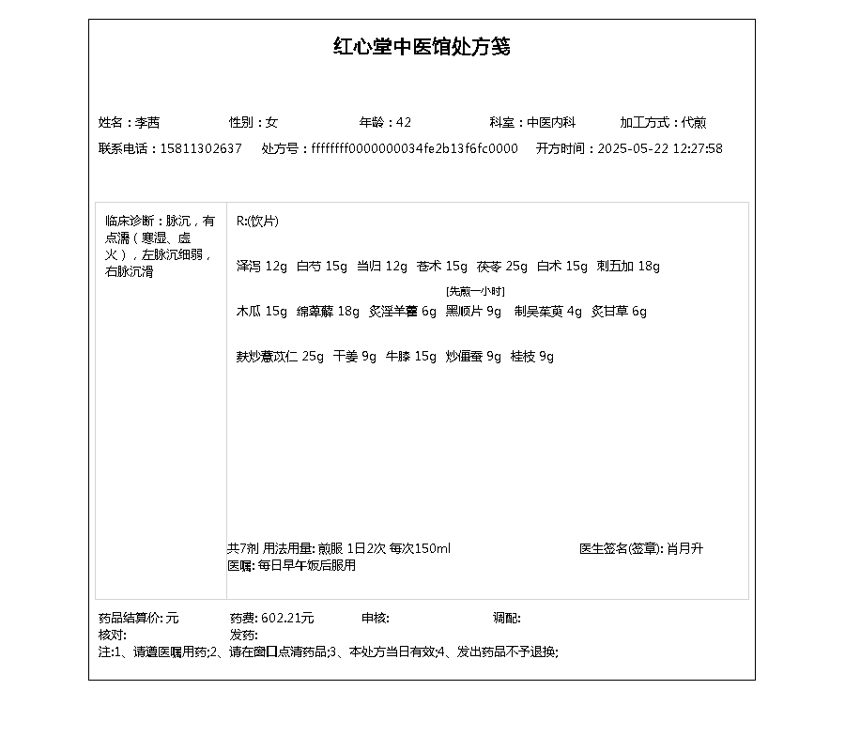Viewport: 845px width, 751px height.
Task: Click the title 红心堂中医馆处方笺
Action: pyautogui.click(x=422, y=47)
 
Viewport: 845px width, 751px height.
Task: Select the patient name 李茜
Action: pyautogui.click(x=147, y=123)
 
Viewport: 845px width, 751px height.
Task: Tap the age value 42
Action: pyautogui.click(x=404, y=123)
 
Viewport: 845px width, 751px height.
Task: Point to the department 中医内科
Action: pyautogui.click(x=550, y=123)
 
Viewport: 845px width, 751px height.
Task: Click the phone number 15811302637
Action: pyautogui.click(x=201, y=149)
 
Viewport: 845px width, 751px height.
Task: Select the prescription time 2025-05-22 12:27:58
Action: pyautogui.click(x=660, y=149)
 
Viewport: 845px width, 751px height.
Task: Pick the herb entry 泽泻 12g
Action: pyautogui.click(x=262, y=267)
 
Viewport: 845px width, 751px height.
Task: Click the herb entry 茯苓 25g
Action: pyautogui.click(x=502, y=267)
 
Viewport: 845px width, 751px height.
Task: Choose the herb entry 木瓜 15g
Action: pyautogui.click(x=262, y=312)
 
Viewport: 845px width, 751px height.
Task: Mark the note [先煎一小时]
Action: pyautogui.click(x=475, y=292)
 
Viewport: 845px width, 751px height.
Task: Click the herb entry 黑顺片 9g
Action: pyautogui.click(x=474, y=312)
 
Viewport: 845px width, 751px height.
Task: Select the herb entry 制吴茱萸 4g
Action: pyautogui.click(x=548, y=312)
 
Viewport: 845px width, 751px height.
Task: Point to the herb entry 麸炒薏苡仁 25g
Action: pyautogui.click(x=280, y=357)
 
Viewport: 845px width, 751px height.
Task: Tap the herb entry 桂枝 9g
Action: pyautogui.click(x=532, y=357)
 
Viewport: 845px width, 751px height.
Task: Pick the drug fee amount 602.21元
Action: pyautogui.click(x=287, y=619)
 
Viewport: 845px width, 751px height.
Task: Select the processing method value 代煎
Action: pyautogui.click(x=694, y=123)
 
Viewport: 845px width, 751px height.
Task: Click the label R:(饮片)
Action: pyautogui.click(x=257, y=222)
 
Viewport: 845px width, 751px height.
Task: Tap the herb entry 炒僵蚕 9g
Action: pyautogui.click(x=474, y=357)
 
